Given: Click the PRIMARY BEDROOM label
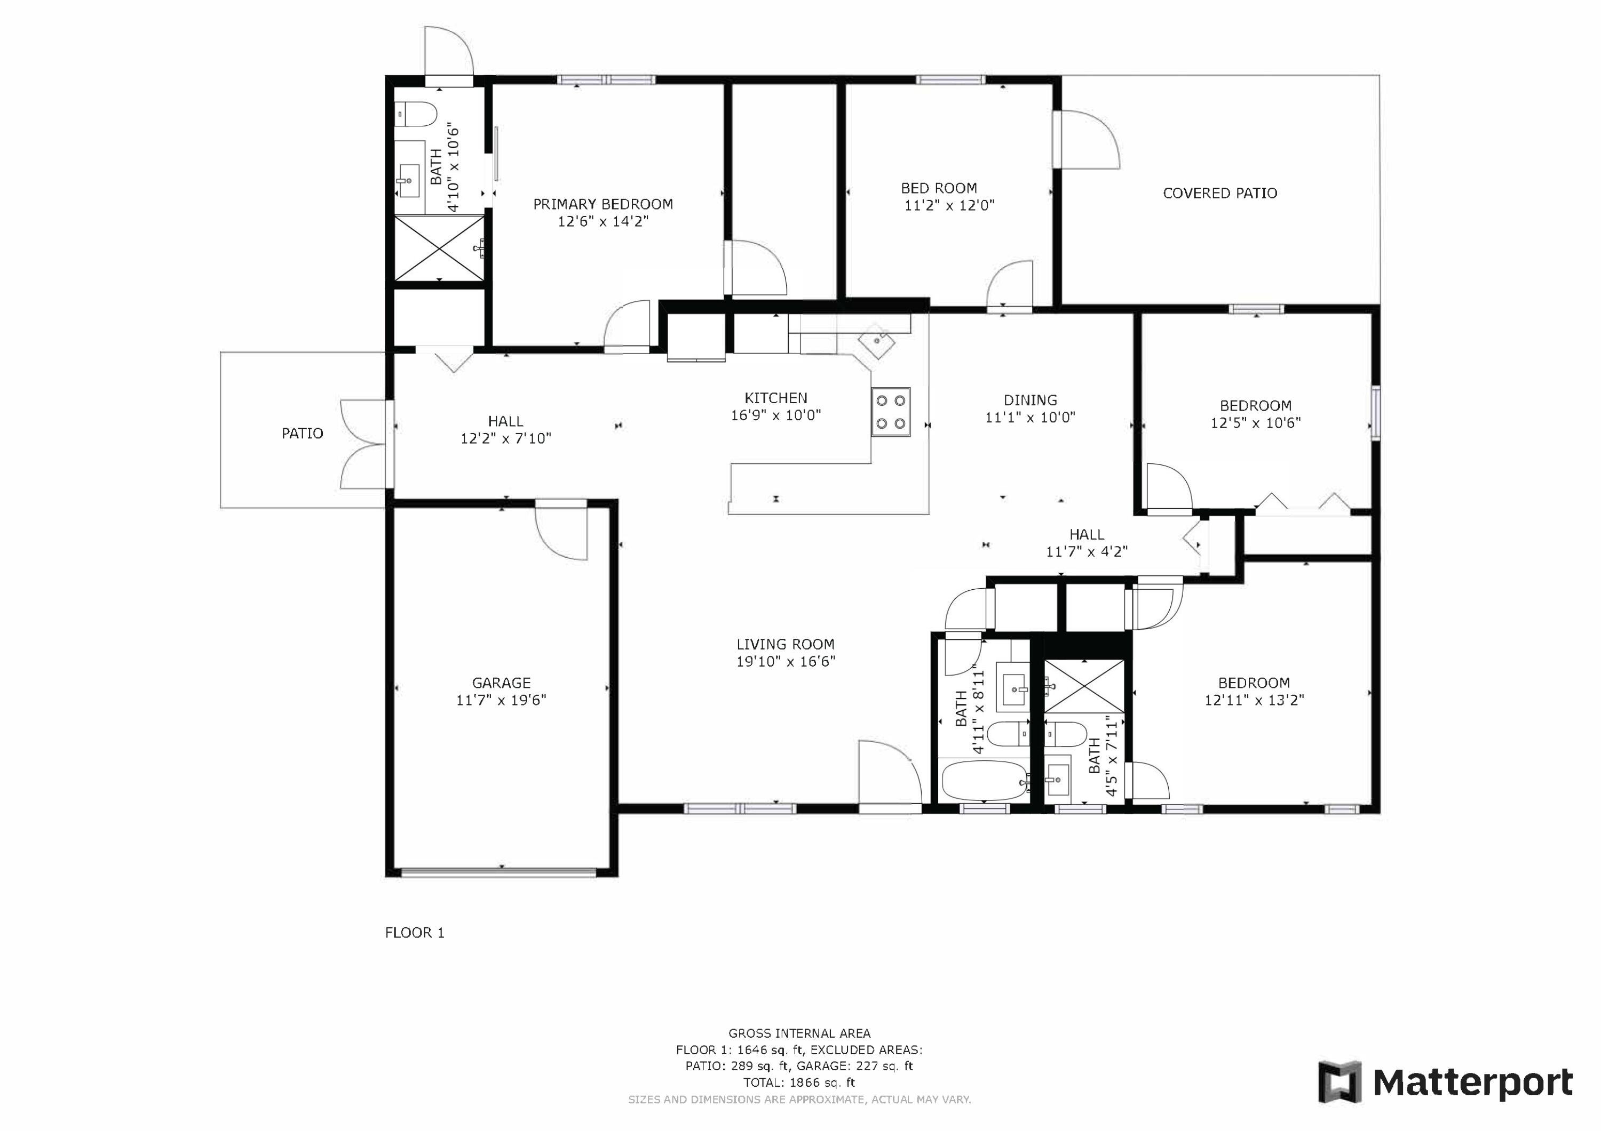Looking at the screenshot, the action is click(603, 204).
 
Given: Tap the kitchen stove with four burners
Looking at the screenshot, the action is click(891, 412).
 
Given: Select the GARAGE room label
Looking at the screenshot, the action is click(501, 683).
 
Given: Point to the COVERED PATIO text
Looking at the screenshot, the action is click(1220, 193).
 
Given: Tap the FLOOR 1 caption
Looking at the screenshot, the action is click(415, 933).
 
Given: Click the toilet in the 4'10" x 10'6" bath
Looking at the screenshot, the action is click(416, 114).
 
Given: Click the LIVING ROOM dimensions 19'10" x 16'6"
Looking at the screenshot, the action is click(786, 661).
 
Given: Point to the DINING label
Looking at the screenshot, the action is click(1031, 400).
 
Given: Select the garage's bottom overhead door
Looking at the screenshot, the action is click(500, 871).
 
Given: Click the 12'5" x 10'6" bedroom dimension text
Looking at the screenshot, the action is click(1256, 422).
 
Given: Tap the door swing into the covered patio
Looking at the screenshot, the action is click(1088, 139).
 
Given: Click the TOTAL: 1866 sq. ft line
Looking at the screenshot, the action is click(799, 1082).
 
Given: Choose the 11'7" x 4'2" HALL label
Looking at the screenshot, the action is click(1087, 543).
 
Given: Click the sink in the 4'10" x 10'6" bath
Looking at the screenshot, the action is click(409, 181).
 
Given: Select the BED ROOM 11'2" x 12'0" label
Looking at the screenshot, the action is click(949, 197).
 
